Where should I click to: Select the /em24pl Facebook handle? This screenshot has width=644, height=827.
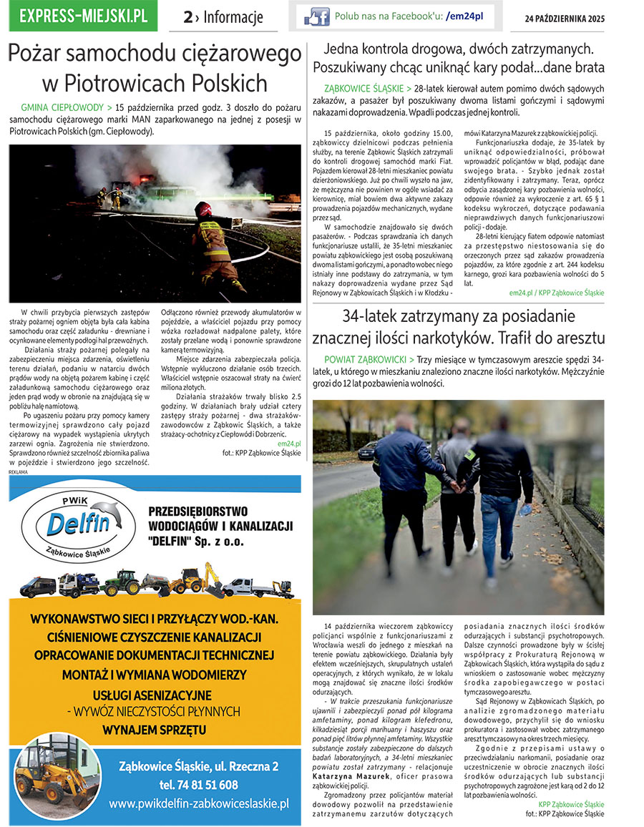click(464, 16)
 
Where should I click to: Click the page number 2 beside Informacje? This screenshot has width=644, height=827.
click(188, 17)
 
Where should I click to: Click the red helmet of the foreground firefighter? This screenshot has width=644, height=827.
click(204, 210)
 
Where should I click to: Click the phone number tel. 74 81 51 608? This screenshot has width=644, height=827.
click(199, 785)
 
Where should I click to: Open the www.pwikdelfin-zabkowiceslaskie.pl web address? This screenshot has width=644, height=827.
click(199, 803)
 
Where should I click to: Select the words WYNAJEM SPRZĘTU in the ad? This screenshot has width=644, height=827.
click(155, 730)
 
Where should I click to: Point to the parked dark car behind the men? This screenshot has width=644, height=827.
click(367, 449)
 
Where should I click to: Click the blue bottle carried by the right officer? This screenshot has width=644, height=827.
click(525, 510)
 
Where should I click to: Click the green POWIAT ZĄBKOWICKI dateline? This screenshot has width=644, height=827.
click(366, 358)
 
